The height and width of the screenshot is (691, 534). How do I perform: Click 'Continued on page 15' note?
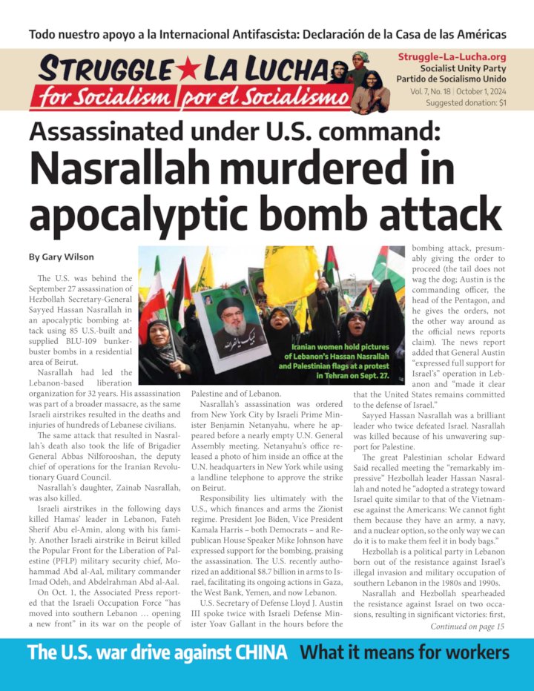point(467,626)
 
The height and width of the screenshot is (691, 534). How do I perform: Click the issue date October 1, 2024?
point(484,91)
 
